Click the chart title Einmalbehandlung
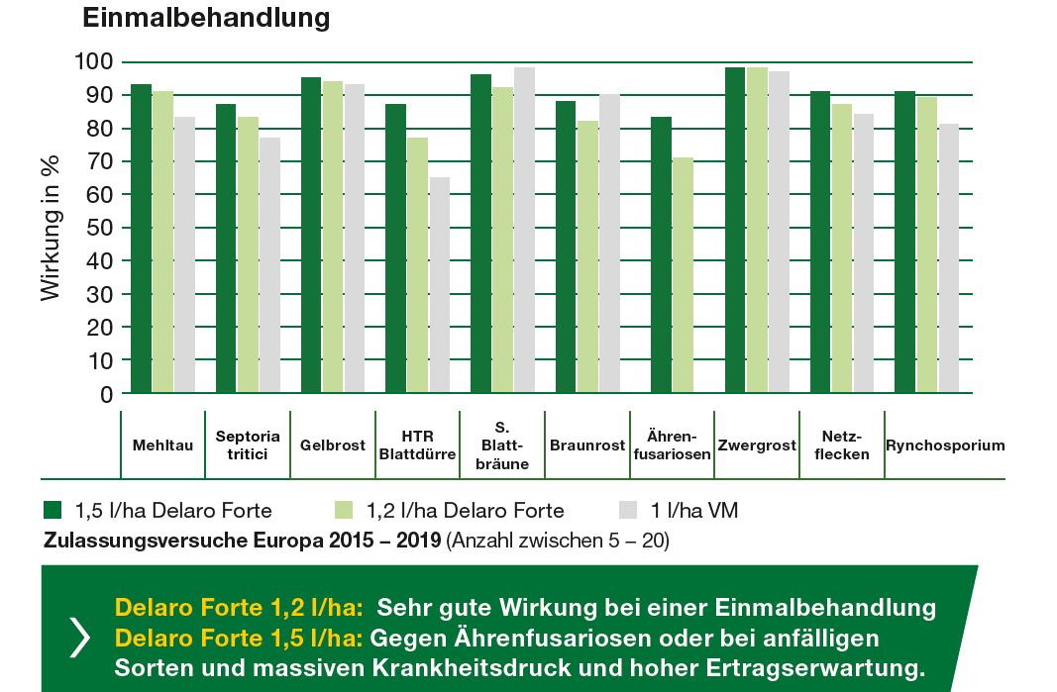206,18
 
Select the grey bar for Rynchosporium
949,258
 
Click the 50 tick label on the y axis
98,228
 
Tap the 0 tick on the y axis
104,394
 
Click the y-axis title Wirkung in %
51,228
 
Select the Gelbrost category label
333,445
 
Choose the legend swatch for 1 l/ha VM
628,510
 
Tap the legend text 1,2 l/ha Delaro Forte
466,511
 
